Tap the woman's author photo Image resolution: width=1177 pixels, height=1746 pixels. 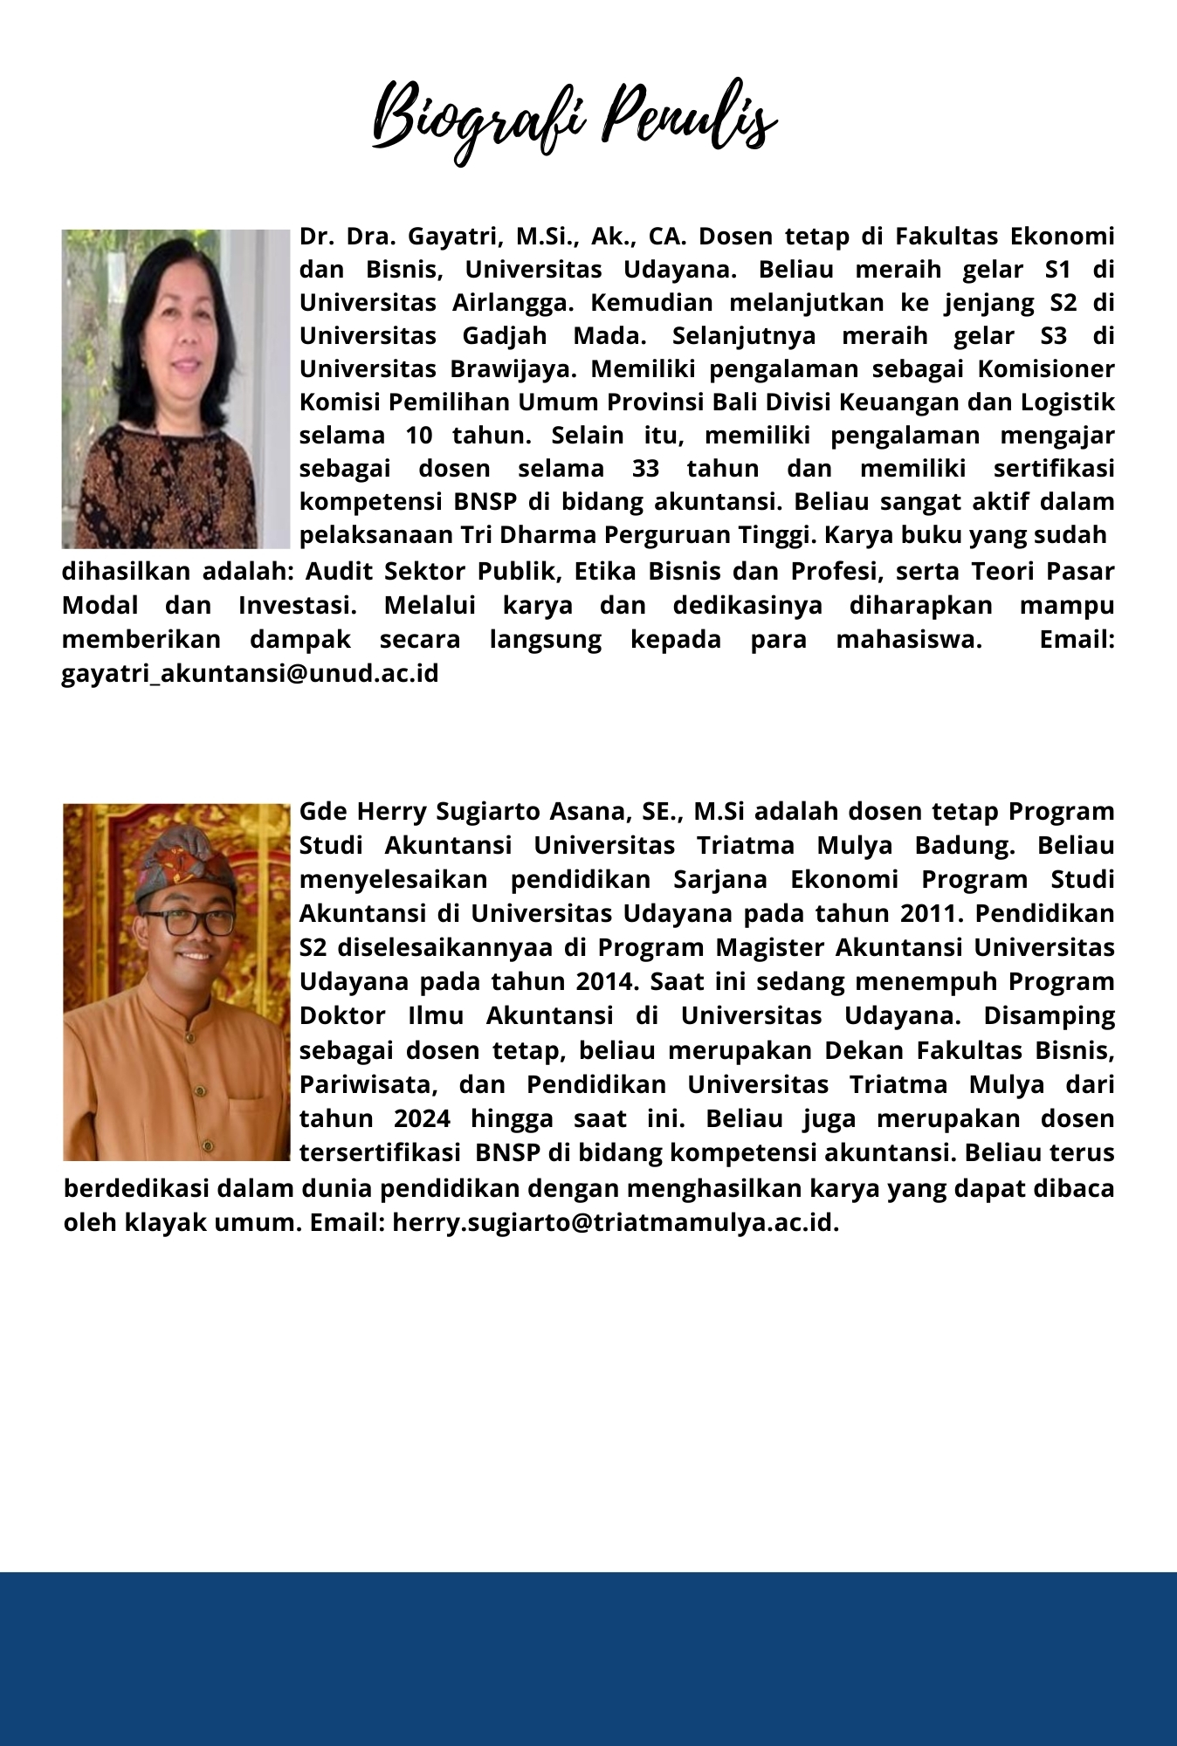(x=176, y=388)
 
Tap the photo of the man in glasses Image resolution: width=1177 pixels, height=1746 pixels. (x=176, y=981)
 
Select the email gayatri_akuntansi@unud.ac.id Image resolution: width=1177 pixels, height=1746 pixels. (x=250, y=674)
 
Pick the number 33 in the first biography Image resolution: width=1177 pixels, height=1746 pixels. (x=644, y=469)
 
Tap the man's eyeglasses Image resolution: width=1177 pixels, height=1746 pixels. (x=187, y=923)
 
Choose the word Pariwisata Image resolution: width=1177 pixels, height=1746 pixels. (x=367, y=1085)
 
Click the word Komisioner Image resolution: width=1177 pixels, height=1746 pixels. (x=1045, y=369)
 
